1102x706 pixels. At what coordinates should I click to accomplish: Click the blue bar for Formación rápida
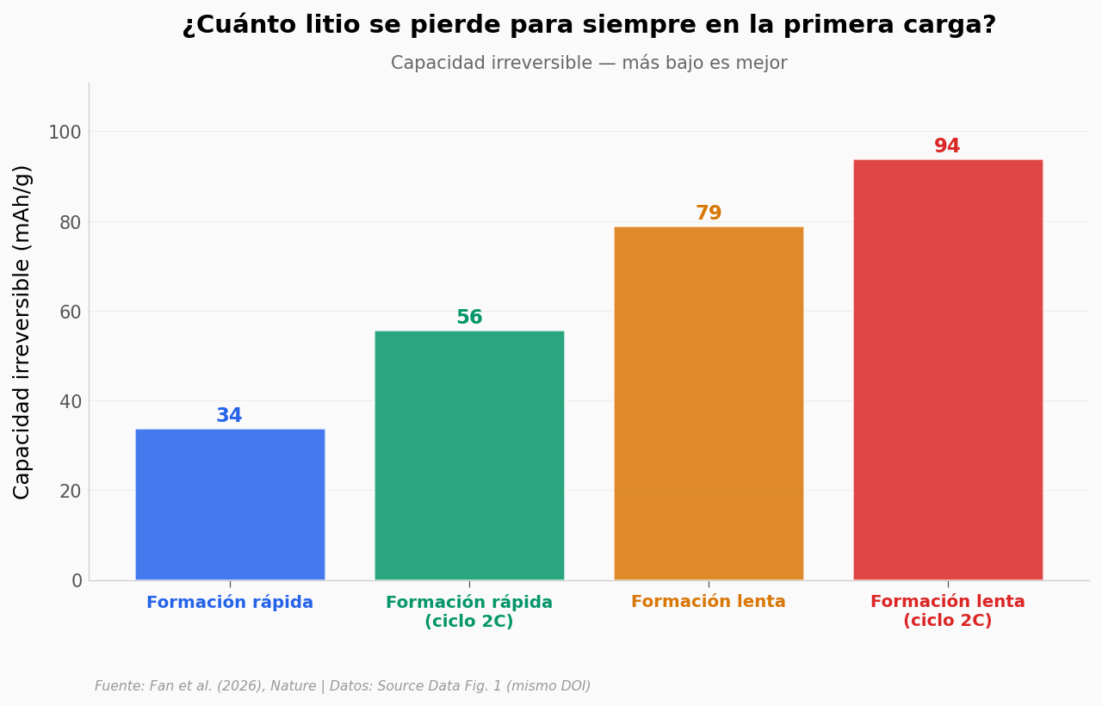[x=230, y=505]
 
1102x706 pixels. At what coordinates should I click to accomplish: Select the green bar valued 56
[x=469, y=455]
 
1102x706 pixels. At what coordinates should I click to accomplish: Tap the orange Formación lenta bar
[x=709, y=404]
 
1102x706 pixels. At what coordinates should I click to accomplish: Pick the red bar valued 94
[x=948, y=369]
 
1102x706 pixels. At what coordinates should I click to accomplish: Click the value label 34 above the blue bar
[x=229, y=415]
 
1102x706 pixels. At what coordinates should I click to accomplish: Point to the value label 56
[x=469, y=318]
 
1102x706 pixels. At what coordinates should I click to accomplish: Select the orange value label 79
[x=709, y=213]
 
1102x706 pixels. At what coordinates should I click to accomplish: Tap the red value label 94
[x=947, y=146]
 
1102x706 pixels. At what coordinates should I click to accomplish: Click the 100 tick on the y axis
[x=65, y=133]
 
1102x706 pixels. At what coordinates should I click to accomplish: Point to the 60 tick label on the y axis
[x=70, y=312]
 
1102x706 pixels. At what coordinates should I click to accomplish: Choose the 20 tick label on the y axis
[x=70, y=492]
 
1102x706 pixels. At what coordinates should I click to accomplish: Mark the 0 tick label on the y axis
[x=77, y=581]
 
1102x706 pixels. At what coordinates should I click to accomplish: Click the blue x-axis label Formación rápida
[x=230, y=602]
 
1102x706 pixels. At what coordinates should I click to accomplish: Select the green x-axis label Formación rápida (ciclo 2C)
[x=469, y=611]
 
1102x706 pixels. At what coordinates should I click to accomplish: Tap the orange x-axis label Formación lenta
[x=709, y=602]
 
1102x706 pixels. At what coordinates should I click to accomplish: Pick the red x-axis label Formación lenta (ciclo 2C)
[x=948, y=611]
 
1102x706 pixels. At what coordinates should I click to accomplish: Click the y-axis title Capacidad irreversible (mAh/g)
[x=22, y=332]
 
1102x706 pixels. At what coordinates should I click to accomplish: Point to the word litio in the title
[x=332, y=25]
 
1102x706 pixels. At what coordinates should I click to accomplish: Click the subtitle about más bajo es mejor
[x=589, y=63]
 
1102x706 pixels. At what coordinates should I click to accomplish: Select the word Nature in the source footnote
[x=294, y=686]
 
